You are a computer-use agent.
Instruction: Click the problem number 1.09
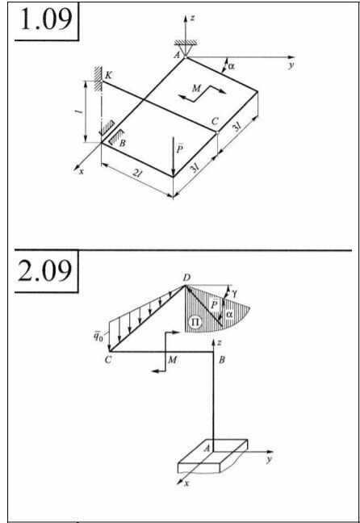(x=46, y=19)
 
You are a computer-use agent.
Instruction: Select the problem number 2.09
(x=44, y=270)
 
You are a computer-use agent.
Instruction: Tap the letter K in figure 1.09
(x=108, y=75)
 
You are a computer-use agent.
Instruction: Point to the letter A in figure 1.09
(x=177, y=55)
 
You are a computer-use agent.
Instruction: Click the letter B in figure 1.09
(x=122, y=144)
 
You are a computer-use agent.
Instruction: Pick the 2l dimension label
(x=136, y=173)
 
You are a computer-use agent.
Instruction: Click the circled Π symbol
(x=195, y=322)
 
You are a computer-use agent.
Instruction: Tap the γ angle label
(x=235, y=293)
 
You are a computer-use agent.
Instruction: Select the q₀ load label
(x=98, y=337)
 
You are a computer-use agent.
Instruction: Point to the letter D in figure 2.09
(x=186, y=278)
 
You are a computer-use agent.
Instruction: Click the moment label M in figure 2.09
(x=172, y=360)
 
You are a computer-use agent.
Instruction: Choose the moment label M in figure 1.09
(x=196, y=88)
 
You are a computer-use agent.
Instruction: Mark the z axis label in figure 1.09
(x=192, y=18)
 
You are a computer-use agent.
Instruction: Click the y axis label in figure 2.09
(x=269, y=459)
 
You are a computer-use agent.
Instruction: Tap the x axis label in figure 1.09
(x=81, y=172)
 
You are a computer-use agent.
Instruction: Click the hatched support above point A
(x=186, y=42)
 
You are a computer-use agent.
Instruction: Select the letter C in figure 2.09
(x=108, y=360)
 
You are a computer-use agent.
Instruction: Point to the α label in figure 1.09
(x=231, y=66)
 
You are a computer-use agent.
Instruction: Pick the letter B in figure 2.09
(x=221, y=360)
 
